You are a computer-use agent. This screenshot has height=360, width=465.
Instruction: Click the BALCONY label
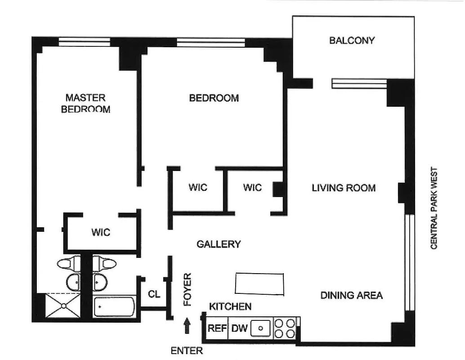pyautogui.click(x=352, y=40)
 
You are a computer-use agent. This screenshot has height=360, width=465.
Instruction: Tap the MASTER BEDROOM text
pyautogui.click(x=85, y=103)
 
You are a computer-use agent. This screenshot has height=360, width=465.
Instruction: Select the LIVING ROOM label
pyautogui.click(x=344, y=188)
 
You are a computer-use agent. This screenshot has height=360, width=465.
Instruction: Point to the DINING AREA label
pyautogui.click(x=351, y=295)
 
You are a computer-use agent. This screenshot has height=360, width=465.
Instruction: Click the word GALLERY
pyautogui.click(x=219, y=244)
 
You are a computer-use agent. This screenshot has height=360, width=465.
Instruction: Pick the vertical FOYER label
pyautogui.click(x=188, y=289)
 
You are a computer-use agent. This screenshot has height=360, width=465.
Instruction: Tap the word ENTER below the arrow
pyautogui.click(x=187, y=351)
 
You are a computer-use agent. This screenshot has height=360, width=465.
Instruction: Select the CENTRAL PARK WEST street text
pyautogui.click(x=434, y=208)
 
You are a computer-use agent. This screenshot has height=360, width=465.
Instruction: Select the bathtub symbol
pyautogui.click(x=114, y=306)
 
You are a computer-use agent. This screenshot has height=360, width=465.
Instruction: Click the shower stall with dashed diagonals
pyautogui.click(x=63, y=306)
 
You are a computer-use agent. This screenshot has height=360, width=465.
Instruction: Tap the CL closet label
pyautogui.click(x=154, y=294)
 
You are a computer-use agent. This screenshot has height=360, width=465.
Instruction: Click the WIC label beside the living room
pyautogui.click(x=252, y=187)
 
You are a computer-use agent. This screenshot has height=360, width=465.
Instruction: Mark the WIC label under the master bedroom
pyautogui.click(x=100, y=233)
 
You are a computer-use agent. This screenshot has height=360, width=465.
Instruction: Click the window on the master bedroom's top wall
pyautogui.click(x=85, y=42)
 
